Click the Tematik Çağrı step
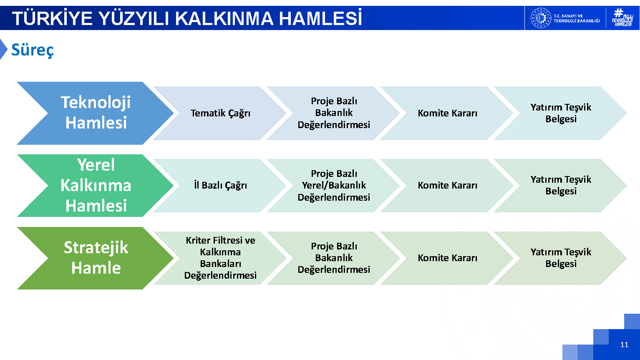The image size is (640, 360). (220, 113)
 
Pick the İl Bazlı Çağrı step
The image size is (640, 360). (220, 186)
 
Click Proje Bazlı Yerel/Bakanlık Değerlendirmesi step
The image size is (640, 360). (334, 186)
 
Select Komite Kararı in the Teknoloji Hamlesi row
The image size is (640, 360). (447, 113)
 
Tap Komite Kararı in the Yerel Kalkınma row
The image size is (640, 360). (447, 186)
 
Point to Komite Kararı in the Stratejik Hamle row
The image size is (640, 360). (447, 258)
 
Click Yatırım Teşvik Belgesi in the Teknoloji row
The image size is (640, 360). (561, 113)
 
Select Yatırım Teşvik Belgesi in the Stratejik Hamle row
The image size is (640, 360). (561, 258)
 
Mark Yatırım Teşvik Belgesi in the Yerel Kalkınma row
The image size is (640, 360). (561, 186)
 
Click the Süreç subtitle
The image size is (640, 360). (32, 50)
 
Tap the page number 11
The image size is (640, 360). (624, 345)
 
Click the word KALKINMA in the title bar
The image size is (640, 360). (224, 19)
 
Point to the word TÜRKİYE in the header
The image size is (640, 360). (52, 18)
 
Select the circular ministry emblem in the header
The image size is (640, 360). (541, 18)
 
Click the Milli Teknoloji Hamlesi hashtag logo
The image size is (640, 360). (622, 18)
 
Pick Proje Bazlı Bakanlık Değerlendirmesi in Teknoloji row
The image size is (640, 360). (334, 113)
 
